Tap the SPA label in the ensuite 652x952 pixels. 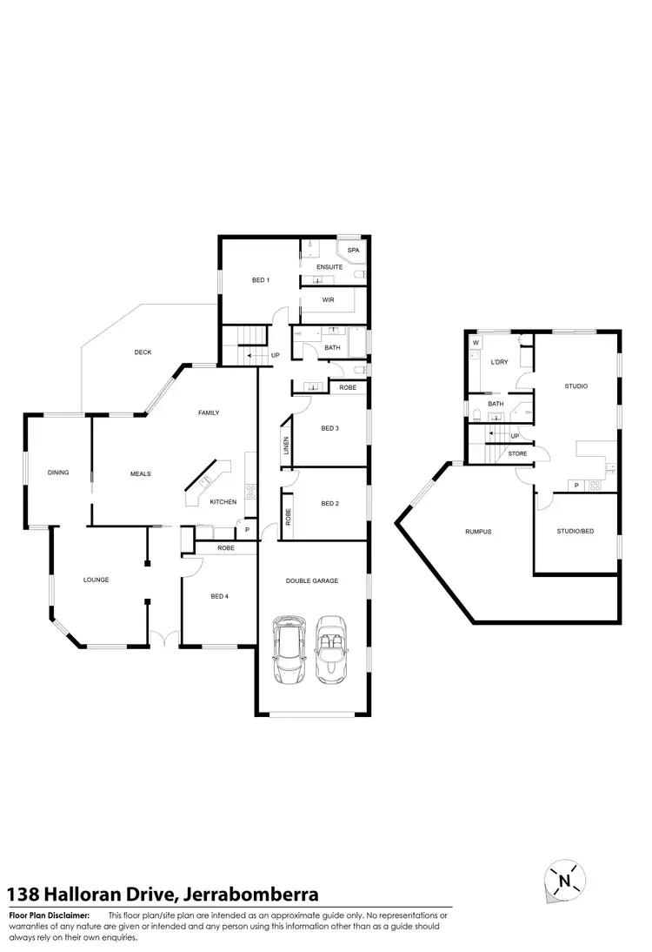(x=352, y=251)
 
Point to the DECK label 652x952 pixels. (x=143, y=352)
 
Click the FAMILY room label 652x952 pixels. (x=209, y=412)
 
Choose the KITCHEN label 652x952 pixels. (x=223, y=502)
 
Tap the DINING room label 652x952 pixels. (x=58, y=473)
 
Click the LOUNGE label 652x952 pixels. (x=96, y=580)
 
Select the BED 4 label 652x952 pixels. (x=219, y=596)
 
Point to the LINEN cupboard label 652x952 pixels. (x=285, y=446)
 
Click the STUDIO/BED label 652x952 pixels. (x=575, y=531)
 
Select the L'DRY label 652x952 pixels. (x=499, y=361)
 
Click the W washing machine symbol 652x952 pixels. (x=476, y=343)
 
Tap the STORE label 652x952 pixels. (x=517, y=453)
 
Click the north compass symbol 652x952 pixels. (x=564, y=881)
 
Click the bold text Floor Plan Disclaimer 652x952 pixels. (x=50, y=915)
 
